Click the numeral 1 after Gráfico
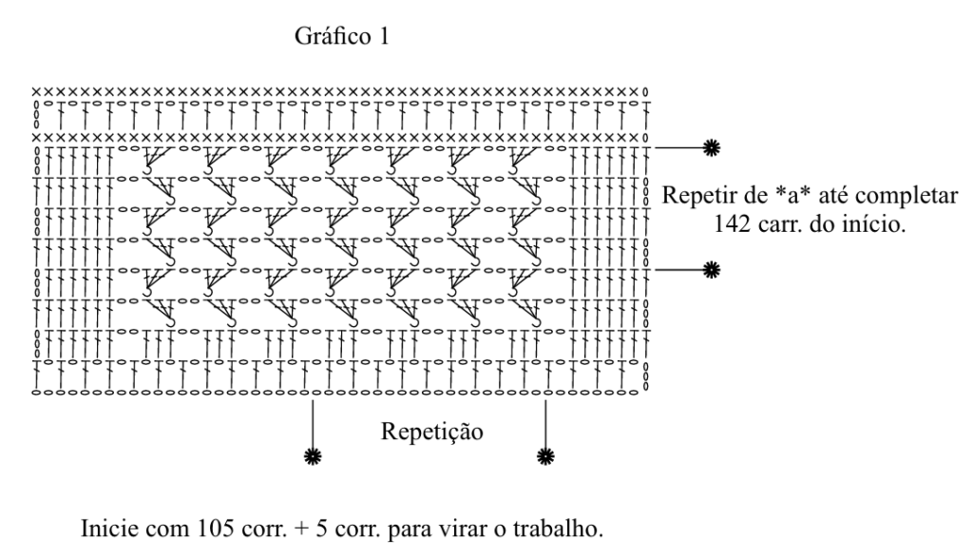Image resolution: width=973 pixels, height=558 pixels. point(383,36)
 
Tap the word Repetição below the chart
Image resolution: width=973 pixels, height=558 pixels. point(432,432)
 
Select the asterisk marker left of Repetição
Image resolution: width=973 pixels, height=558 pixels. point(313,457)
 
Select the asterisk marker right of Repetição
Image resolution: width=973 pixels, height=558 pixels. point(545,457)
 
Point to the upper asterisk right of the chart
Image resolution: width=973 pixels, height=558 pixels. point(711,147)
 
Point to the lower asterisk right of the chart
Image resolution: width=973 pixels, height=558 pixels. point(711,270)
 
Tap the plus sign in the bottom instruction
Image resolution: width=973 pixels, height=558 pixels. point(302,529)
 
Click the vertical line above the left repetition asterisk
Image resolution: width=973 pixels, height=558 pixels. point(313,425)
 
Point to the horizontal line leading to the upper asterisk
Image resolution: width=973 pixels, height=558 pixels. point(679,147)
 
